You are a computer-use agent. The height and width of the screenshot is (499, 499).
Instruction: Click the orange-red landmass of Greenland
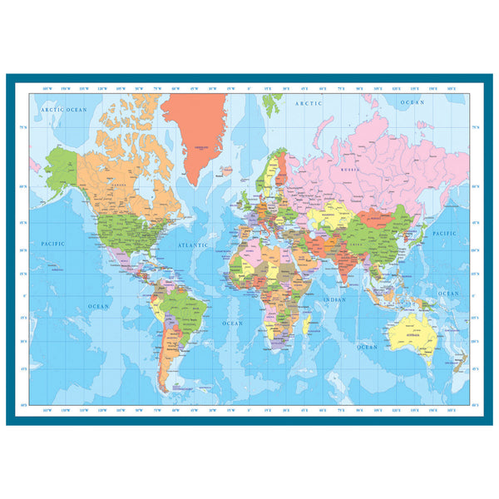(195, 125)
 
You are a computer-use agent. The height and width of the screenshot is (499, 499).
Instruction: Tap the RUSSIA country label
(349, 166)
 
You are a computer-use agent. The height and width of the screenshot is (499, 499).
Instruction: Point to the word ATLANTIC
(193, 245)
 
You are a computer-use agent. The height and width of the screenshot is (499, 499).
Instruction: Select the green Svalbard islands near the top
(271, 103)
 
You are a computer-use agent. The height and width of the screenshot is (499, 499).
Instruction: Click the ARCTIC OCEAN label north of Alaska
(65, 110)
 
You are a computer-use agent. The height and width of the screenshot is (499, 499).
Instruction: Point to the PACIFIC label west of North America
(53, 244)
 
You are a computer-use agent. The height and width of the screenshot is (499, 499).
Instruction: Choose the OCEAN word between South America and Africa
(233, 322)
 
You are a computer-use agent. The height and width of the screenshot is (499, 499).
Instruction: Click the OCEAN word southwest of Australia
(367, 346)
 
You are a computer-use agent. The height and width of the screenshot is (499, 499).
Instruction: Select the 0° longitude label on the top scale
(249, 88)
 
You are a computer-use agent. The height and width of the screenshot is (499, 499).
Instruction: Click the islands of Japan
(422, 232)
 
